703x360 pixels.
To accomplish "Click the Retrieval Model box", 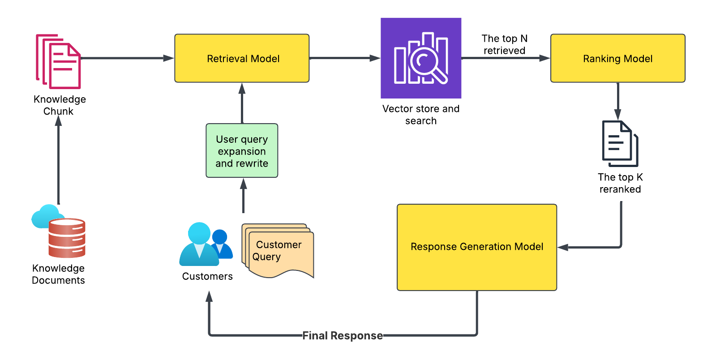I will tap(242, 58).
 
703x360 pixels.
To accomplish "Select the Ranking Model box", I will tap(617, 58).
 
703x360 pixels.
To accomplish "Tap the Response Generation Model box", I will tap(477, 247).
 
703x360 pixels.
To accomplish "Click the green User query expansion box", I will tap(242, 151).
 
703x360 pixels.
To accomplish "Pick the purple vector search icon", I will tap(421, 58).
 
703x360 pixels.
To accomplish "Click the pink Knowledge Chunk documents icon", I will tap(59, 61).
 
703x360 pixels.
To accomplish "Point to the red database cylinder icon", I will tap(67, 238).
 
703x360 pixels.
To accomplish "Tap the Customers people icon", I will tap(206, 244).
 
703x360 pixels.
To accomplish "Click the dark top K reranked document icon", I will tap(620, 143).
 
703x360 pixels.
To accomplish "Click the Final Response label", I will tap(343, 335).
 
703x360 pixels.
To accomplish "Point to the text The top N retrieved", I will tap(505, 44).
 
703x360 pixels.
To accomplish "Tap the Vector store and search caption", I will tap(421, 115).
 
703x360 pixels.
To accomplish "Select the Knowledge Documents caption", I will tap(59, 274).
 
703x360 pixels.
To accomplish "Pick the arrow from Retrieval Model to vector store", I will tap(344, 58).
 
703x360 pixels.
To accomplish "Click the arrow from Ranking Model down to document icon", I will tap(618, 101).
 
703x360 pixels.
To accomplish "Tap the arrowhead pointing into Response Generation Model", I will tap(563, 247).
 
